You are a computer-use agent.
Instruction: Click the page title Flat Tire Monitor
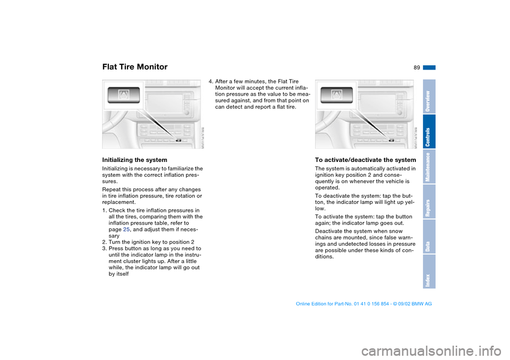click(134, 67)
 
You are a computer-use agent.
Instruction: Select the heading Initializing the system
click(134, 160)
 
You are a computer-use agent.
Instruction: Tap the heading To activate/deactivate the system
click(365, 160)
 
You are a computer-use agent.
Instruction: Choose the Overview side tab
click(429, 97)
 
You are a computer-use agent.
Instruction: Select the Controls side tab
click(429, 132)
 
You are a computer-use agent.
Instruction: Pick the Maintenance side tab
click(429, 167)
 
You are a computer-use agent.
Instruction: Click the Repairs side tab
click(429, 202)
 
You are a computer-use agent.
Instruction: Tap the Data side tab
click(429, 237)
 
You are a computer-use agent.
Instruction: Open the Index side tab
click(429, 271)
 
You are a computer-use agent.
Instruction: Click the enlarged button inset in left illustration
click(123, 96)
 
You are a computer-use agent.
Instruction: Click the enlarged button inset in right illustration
click(336, 96)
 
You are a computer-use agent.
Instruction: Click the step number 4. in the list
click(211, 82)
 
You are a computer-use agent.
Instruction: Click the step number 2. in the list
click(105, 242)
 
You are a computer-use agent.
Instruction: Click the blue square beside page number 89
click(429, 67)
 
